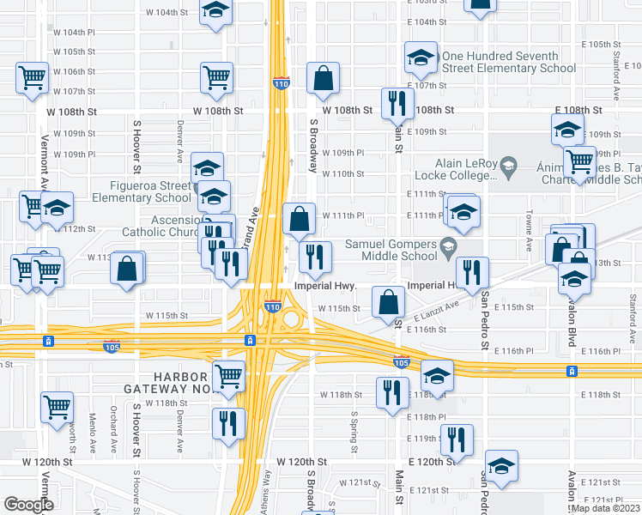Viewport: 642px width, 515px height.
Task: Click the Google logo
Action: coord(28,504)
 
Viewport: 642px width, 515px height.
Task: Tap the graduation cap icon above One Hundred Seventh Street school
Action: coord(421,57)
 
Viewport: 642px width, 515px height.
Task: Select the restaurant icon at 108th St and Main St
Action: coord(396,103)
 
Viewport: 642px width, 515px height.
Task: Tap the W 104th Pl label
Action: coord(74,32)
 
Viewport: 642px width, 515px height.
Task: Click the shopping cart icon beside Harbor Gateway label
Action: coord(228,376)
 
